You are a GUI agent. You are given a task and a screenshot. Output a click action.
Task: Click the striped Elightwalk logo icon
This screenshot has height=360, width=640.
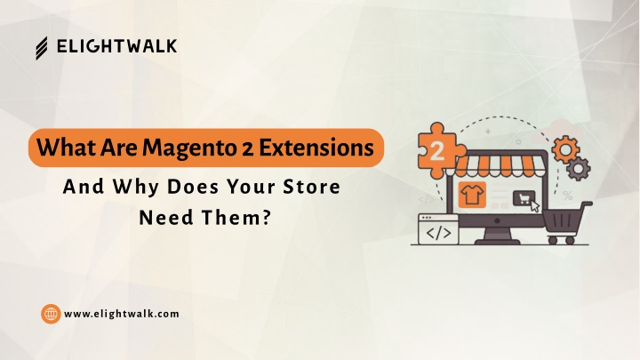coord(41,48)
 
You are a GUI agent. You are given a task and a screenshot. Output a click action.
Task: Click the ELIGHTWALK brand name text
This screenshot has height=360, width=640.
coord(116,46)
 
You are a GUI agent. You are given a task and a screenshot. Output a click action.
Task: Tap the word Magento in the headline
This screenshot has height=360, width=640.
coord(189,148)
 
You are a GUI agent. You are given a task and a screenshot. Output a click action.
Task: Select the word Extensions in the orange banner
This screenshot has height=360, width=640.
coord(316,148)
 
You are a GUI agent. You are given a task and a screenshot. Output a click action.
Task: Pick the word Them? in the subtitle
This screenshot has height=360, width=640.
coord(236,217)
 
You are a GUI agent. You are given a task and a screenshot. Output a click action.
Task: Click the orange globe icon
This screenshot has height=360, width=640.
coord(51,314)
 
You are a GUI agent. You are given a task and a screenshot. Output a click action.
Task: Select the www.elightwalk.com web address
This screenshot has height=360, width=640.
coord(122,314)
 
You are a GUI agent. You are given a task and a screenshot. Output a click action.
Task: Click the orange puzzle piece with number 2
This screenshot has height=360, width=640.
coord(439,150)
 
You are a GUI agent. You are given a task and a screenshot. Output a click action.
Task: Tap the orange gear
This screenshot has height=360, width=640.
coord(565,150)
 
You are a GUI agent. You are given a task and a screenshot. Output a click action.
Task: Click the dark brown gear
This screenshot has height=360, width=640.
coord(579,168)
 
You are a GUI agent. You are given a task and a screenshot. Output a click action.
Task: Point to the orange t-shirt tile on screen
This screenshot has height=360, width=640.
coord(472,195)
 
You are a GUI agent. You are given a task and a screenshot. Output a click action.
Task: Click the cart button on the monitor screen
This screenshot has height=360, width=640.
coord(524,199)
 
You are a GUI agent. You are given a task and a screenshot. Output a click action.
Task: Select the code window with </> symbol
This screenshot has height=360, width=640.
coord(438,229)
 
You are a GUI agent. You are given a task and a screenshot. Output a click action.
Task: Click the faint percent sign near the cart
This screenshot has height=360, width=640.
coord(567,196)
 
